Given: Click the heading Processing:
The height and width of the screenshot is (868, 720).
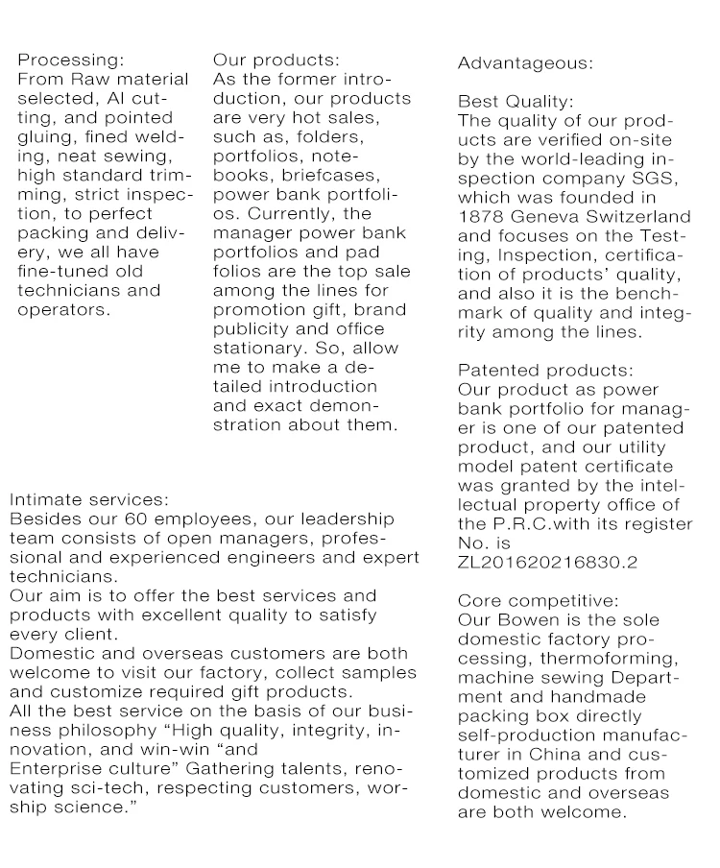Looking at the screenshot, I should (71, 60).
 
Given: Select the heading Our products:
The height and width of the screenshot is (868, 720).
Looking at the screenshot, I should (276, 60).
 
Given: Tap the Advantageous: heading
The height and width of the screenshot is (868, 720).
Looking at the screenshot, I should (525, 63).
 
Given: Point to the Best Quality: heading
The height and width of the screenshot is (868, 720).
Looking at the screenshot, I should (516, 102).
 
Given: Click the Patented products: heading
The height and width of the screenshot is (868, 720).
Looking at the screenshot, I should (546, 371).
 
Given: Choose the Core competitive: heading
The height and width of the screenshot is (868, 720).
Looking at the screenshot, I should (539, 601).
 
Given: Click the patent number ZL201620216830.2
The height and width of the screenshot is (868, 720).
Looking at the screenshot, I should (548, 563).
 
